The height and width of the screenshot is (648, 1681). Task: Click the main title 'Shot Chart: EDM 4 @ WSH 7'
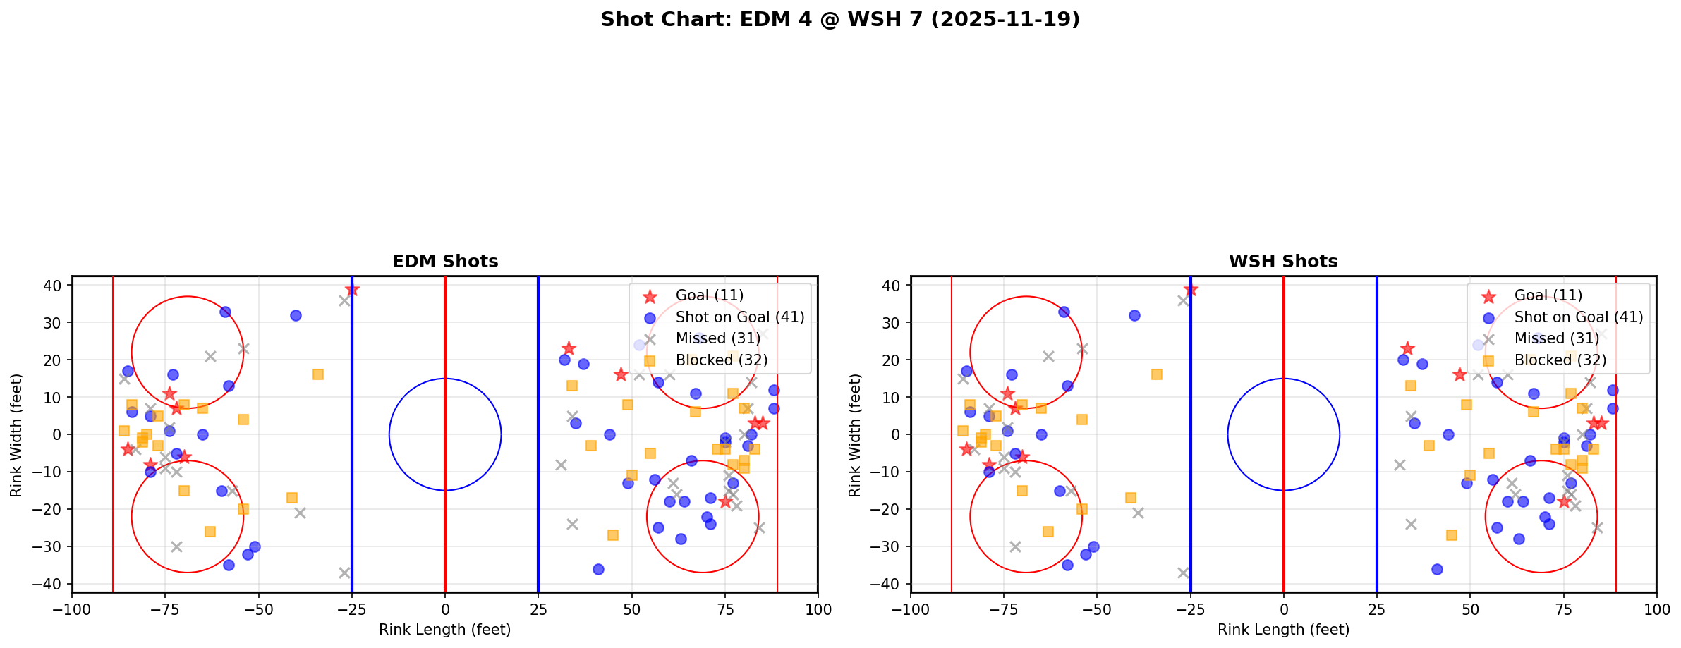coord(839,20)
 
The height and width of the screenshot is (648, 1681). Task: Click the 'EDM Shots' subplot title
coord(445,262)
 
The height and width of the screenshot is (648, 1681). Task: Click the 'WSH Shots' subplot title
coord(1283,262)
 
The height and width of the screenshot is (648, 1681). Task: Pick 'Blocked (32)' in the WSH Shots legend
coord(1560,360)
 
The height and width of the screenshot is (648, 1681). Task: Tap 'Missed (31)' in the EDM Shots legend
coord(717,338)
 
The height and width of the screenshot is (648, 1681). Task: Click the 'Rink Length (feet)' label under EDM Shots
coord(445,630)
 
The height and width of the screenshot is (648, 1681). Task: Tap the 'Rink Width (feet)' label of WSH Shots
coord(855,434)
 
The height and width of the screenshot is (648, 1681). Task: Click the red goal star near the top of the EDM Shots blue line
coord(352,290)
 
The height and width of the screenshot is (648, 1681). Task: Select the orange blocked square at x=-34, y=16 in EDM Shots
coord(318,374)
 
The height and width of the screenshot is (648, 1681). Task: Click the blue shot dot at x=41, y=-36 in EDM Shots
coord(598,569)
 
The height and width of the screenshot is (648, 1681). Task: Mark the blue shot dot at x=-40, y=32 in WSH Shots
coord(1134,315)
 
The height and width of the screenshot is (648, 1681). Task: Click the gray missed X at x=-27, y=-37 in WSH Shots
coord(1183,573)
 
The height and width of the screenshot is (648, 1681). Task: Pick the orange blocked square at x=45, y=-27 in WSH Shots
coord(1452,535)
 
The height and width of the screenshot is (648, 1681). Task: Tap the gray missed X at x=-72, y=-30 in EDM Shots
coord(176,546)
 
